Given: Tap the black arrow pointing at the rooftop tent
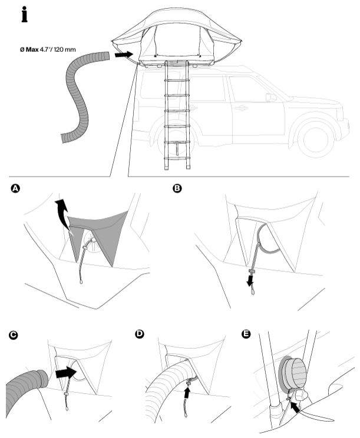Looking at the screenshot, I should [x=123, y=54].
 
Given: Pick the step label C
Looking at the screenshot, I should [x=13, y=335].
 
